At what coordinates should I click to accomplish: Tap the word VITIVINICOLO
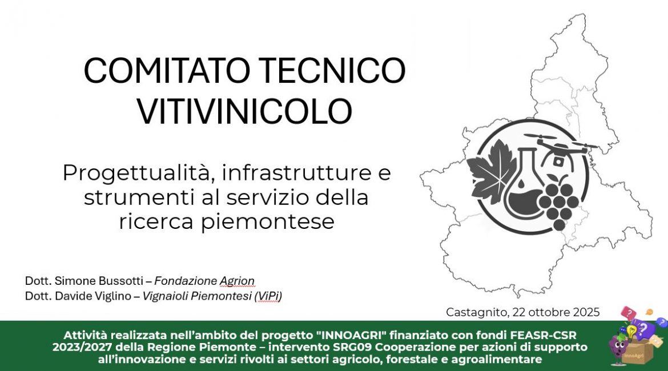(x=244, y=111)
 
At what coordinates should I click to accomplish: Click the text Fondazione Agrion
(x=204, y=281)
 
